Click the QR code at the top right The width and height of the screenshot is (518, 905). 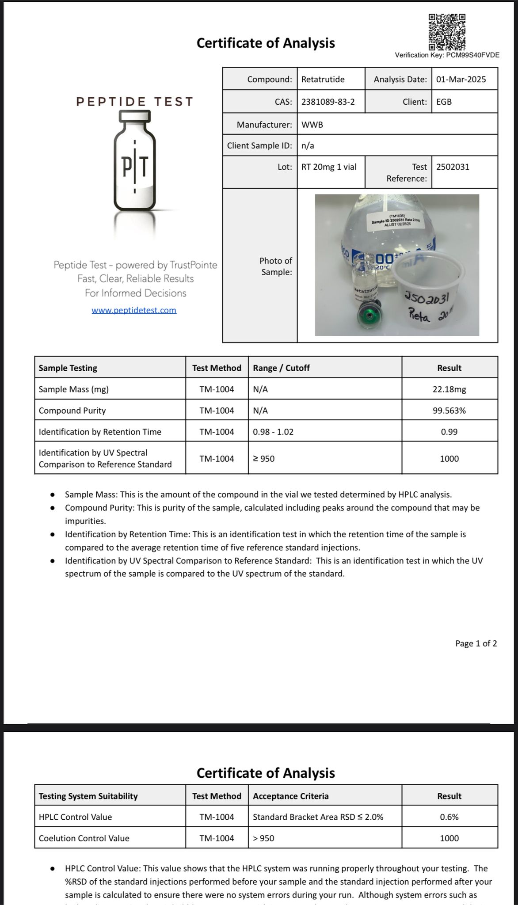point(447,32)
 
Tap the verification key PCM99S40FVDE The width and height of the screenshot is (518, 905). point(447,55)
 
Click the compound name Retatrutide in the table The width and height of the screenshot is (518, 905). point(323,80)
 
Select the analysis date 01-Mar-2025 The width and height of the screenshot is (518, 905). point(461,80)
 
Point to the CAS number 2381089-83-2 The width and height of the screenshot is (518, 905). point(328,102)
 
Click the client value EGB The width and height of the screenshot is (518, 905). point(444,102)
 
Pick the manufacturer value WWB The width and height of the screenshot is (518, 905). point(312,125)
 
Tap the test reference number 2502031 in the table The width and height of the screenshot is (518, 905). point(453,167)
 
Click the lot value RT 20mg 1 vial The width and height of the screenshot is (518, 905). point(329,167)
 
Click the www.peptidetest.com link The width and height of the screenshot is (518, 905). point(134,310)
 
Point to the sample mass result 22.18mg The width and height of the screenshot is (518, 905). point(449,389)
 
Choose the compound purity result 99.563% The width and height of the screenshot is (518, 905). point(449,411)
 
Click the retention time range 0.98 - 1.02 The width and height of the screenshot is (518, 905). point(273,432)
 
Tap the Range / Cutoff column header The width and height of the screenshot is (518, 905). point(281,368)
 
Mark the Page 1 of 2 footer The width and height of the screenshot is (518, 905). point(476,643)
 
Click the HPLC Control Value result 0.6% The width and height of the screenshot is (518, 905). point(449,817)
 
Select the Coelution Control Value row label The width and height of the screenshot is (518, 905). point(84,838)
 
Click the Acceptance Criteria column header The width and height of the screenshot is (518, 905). point(290,796)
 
